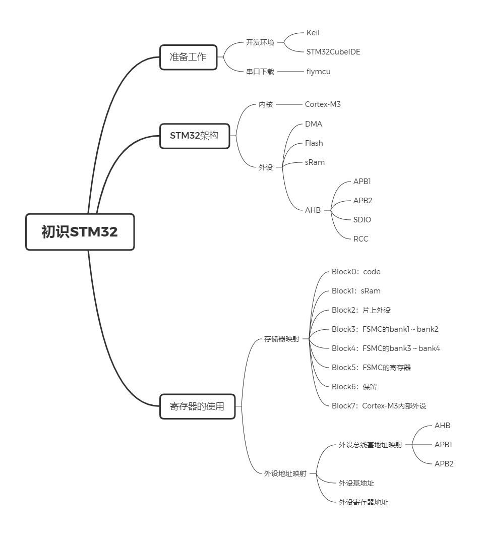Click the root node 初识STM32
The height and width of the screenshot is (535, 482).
(x=80, y=232)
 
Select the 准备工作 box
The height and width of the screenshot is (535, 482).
(x=188, y=57)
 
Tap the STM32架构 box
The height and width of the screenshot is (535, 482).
(x=195, y=136)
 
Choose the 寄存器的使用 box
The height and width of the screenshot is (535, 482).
(x=198, y=406)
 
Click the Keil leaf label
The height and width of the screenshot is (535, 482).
(x=313, y=33)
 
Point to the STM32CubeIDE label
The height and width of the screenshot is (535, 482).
(x=333, y=52)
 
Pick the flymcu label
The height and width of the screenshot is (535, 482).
(x=318, y=72)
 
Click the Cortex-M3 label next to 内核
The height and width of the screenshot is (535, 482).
(x=323, y=104)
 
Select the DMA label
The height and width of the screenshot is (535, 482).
(x=314, y=124)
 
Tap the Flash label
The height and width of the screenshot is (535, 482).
(x=314, y=143)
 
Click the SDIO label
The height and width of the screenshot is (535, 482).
(x=362, y=220)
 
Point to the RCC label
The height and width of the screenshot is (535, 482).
(x=360, y=239)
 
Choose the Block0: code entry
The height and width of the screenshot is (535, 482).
(x=356, y=272)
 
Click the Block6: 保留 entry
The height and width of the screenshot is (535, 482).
(x=354, y=387)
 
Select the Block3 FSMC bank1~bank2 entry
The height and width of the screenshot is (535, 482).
(x=385, y=329)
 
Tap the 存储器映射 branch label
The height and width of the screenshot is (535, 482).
(x=282, y=339)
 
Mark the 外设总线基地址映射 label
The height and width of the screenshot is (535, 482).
(x=371, y=445)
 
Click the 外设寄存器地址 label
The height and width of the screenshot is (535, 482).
(x=364, y=502)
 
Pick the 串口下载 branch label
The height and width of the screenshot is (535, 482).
(x=260, y=72)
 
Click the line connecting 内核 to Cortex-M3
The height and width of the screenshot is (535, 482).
(x=289, y=104)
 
